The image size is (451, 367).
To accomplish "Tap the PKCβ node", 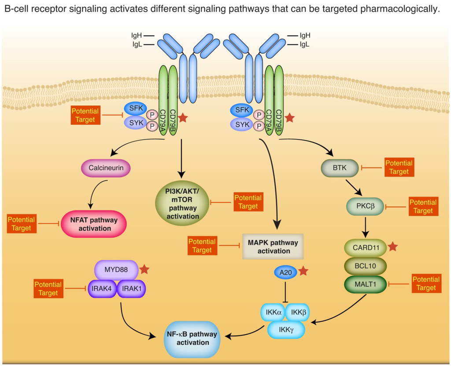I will click(x=365, y=206).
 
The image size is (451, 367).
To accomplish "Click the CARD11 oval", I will click(x=365, y=247).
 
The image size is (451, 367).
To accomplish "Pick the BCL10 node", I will click(x=365, y=266).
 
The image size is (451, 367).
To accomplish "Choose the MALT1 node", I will click(x=365, y=284).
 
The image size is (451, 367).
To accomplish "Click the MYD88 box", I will click(x=117, y=269).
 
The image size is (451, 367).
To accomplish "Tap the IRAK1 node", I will click(x=131, y=288).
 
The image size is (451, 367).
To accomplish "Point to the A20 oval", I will click(x=285, y=273).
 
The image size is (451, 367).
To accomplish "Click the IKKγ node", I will click(x=286, y=329).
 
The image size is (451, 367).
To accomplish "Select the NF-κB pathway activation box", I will click(x=192, y=338).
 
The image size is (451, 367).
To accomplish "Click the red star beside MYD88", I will click(x=145, y=268).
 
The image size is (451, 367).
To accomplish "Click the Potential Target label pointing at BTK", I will click(x=399, y=167).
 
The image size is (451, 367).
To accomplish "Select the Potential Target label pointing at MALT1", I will click(x=426, y=283).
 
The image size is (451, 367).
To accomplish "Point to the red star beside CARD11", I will click(x=393, y=247).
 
